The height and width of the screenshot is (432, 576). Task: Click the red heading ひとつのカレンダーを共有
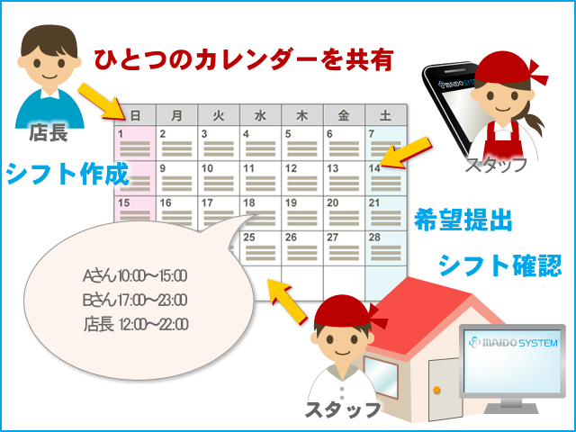point(244,60)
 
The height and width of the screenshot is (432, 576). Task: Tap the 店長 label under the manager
point(49,132)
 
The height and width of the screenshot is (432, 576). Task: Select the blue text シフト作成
point(67,174)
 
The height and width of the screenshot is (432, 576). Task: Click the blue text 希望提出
point(463,220)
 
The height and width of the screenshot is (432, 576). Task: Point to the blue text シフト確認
point(500,265)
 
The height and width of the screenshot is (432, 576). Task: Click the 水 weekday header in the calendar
point(260,115)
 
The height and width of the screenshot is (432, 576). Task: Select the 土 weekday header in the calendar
point(386,115)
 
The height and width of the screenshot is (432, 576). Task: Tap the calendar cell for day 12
point(302,178)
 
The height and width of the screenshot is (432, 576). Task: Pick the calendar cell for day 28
point(386,247)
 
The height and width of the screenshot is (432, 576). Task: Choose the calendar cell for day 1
point(135,143)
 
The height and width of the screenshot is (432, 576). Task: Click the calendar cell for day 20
point(344,212)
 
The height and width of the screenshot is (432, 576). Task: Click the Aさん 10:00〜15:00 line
point(135,276)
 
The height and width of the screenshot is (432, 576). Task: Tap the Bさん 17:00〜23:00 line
point(135,300)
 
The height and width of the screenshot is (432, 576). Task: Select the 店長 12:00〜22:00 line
point(136,324)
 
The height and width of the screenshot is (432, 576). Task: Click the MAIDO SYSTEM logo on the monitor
point(513,342)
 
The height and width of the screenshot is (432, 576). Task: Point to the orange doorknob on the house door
point(436,390)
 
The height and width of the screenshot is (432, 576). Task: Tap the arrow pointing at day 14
point(404,152)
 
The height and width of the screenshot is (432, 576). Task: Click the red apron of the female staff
point(504,139)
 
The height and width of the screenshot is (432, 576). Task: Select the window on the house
point(381,377)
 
